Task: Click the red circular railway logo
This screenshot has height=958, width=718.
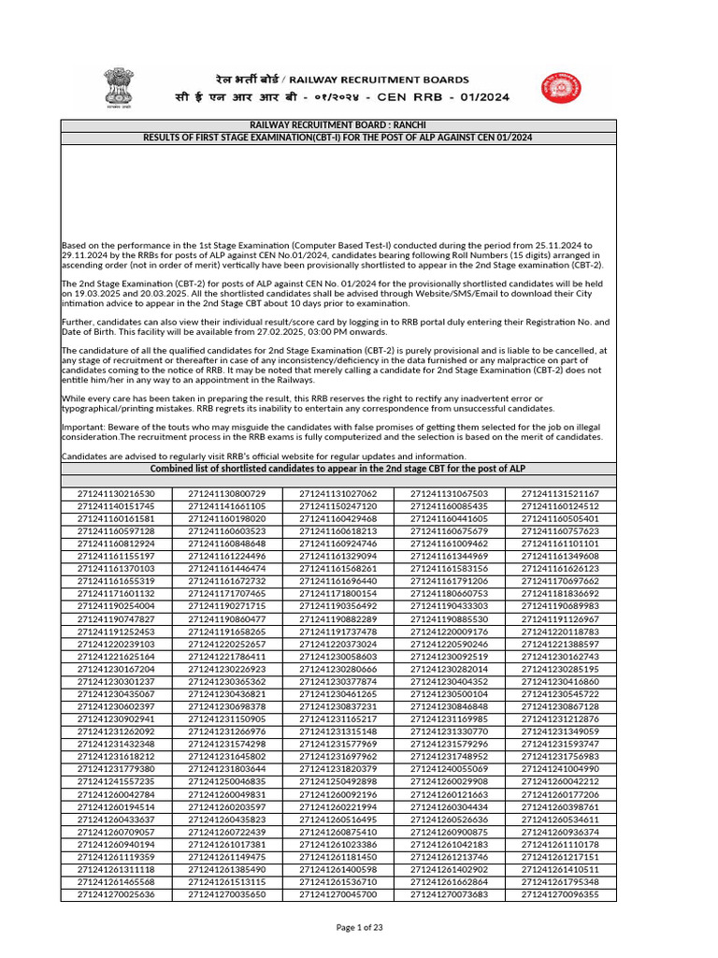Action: click(557, 91)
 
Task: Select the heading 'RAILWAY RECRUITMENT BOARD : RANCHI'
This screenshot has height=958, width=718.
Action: click(337, 125)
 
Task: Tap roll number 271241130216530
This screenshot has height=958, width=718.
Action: click(116, 493)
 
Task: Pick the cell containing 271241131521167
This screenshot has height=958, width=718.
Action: click(561, 493)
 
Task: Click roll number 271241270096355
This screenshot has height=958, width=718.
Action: click(561, 894)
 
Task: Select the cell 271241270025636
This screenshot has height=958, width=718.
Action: click(116, 894)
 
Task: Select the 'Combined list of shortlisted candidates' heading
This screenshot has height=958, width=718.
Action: click(337, 469)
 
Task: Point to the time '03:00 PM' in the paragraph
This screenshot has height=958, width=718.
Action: click(300, 331)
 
